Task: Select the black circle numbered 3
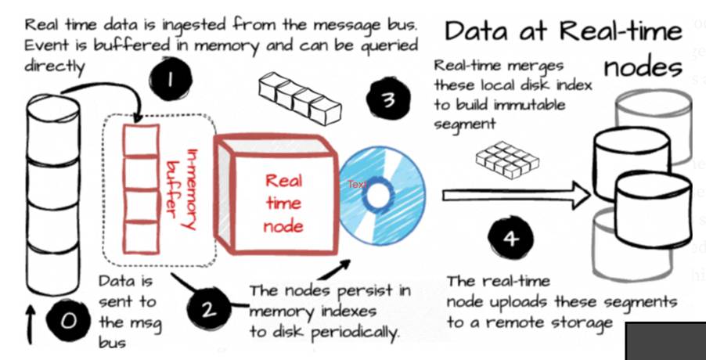[x=387, y=100]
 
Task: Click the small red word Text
[x=358, y=185]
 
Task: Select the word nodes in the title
[x=643, y=67]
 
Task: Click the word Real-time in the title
[x=623, y=32]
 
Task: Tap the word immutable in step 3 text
[x=539, y=103]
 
